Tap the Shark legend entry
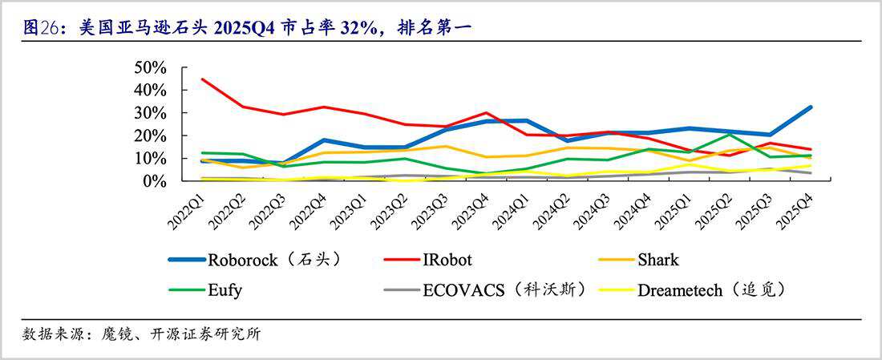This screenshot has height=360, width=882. pyautogui.click(x=657, y=259)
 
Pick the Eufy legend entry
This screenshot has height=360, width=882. pyautogui.click(x=226, y=289)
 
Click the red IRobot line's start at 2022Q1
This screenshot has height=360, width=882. pyautogui.click(x=203, y=79)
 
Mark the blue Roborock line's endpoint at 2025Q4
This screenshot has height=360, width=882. pyautogui.click(x=810, y=107)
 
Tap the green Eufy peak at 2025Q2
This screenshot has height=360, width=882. pyautogui.click(x=729, y=134)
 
